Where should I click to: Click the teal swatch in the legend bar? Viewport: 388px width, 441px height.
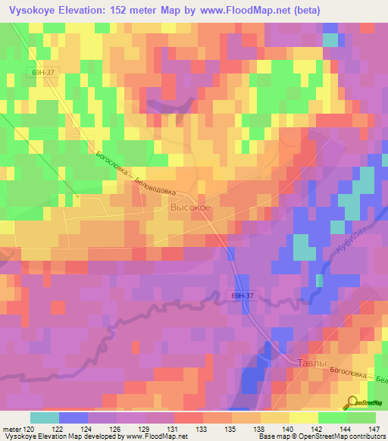click(45, 418)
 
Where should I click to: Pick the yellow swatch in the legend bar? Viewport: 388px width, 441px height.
click(304, 418)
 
